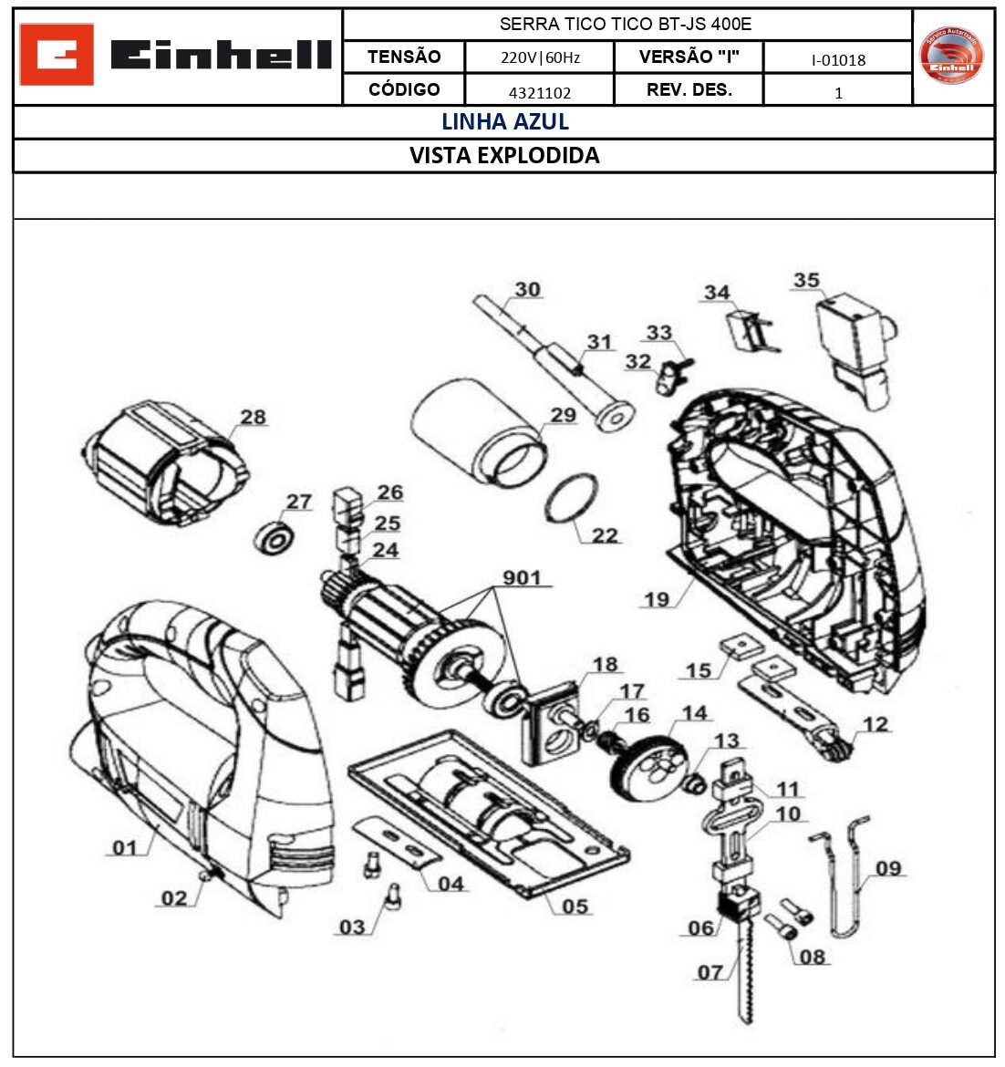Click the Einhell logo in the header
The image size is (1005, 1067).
[x=176, y=57]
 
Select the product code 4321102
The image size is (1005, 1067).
[x=540, y=92]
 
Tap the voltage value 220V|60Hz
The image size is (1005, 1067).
[x=540, y=58]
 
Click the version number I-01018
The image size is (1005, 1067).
[x=837, y=60]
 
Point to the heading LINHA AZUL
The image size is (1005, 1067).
[x=504, y=121]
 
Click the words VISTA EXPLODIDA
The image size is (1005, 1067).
[x=504, y=155]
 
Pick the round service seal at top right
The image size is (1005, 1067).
[x=952, y=57]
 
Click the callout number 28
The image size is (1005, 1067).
[x=253, y=417]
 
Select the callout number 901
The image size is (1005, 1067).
[x=522, y=577]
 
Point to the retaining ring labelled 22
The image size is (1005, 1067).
[x=573, y=499]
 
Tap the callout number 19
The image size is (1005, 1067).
[x=656, y=599]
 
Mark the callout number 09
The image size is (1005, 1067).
[x=887, y=867]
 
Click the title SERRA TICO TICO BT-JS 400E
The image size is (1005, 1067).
[x=626, y=25]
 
